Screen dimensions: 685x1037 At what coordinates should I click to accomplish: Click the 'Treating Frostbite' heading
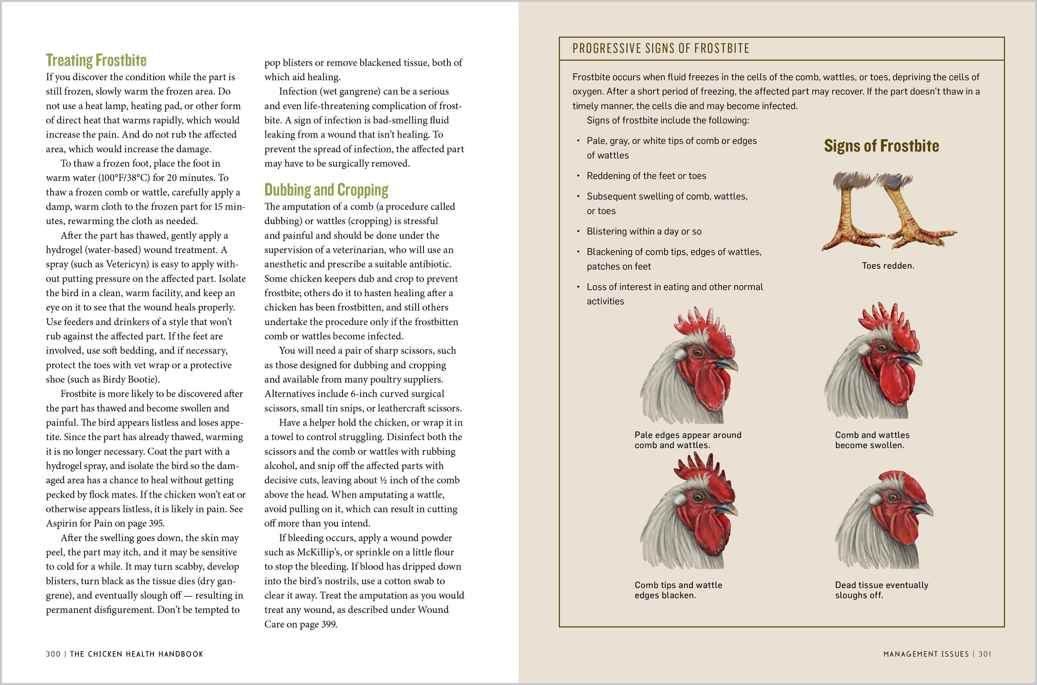point(96,60)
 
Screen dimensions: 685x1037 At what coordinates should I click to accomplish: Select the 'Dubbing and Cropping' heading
point(326,190)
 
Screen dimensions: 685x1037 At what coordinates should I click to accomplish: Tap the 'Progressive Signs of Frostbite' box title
point(660,49)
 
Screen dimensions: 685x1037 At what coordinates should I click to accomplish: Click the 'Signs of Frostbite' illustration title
point(881,146)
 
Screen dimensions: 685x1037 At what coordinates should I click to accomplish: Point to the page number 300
point(53,654)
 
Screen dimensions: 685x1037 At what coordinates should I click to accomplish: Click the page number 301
point(985,654)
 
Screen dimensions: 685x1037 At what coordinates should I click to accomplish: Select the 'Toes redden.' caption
point(887,266)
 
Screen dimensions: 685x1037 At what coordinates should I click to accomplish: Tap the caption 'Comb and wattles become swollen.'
point(872,440)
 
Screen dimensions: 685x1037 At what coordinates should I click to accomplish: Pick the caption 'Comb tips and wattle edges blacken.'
point(678,590)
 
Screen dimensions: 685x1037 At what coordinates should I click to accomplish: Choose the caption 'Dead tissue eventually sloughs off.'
point(881,590)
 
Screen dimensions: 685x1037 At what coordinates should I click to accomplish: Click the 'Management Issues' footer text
point(926,654)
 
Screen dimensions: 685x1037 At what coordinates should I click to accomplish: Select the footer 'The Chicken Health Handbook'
point(136,654)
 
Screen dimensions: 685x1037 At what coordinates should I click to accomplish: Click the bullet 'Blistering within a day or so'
point(644,232)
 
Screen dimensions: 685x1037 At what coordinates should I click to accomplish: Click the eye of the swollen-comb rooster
point(882,348)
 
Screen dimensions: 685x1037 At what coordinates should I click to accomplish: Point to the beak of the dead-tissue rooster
point(923,508)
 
